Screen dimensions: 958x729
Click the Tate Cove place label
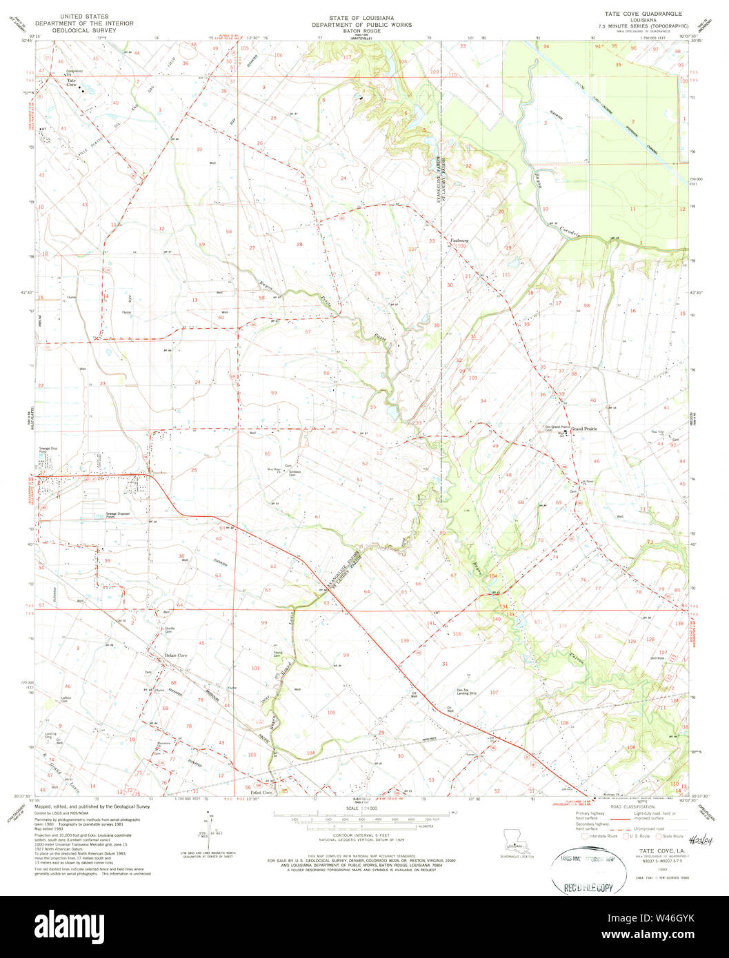click(71, 82)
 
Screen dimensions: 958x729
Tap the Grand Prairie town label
click(583, 429)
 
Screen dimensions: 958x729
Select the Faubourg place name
click(459, 241)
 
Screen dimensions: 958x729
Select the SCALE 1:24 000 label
click(364, 807)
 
